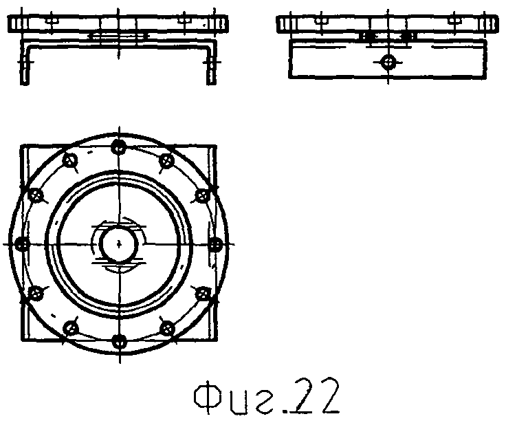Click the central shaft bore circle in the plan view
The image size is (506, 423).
pos(119,243)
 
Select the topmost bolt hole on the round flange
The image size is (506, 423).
pos(119,147)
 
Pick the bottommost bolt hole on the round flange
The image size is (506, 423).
pos(120,342)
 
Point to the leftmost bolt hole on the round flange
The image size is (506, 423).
pos(22,243)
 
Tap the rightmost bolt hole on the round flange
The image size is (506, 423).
pos(216,244)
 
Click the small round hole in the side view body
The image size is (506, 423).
pos(388,62)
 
